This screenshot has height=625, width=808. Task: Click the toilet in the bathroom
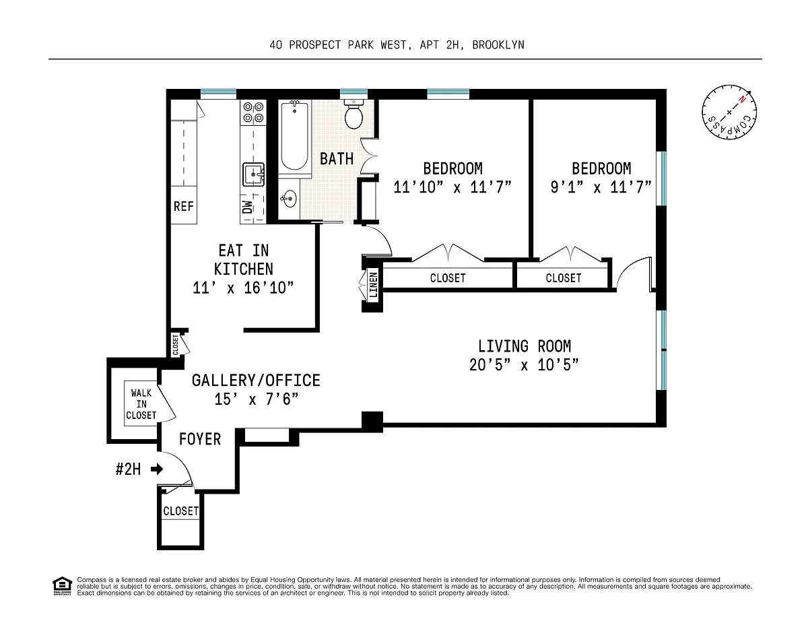pos(353,114)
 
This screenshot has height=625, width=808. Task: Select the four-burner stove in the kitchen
pos(253,112)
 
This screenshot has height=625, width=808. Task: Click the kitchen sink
pos(254,174)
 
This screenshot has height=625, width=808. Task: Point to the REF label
pos(184,206)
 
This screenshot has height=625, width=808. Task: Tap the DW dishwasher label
pos(247,207)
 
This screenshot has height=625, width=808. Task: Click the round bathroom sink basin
pos(289,199)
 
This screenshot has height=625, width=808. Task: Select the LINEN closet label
pos(373,285)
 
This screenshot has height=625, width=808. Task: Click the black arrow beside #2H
pos(156,469)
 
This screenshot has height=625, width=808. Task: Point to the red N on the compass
pos(742,100)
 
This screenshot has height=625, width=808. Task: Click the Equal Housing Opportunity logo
pos(62,586)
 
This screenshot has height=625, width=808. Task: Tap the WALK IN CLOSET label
pos(141,404)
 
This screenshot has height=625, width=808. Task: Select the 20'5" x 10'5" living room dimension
pos(524,365)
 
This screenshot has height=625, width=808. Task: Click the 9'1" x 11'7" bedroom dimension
pos(601,187)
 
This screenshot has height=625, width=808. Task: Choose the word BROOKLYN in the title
pos(498,45)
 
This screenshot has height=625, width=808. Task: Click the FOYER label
pos(200,439)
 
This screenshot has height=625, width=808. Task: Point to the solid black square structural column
pos(372,422)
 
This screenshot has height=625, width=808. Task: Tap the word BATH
pos(337,159)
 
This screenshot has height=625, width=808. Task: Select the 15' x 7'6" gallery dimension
pos(256,399)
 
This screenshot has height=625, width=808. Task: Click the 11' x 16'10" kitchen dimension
pos(243,288)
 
